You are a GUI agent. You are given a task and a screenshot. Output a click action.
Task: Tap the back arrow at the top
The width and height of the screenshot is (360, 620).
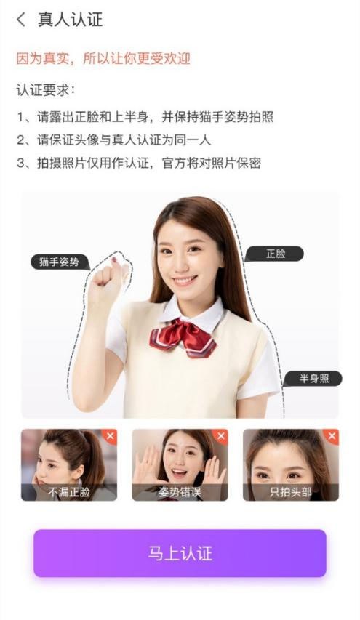(x=20, y=20)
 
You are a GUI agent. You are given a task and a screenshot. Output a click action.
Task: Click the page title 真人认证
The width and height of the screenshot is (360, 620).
(x=70, y=20)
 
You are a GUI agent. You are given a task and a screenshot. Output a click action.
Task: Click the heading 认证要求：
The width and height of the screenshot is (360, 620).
(x=46, y=91)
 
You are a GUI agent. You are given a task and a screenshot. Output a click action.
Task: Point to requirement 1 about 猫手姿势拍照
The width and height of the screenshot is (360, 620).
(x=145, y=117)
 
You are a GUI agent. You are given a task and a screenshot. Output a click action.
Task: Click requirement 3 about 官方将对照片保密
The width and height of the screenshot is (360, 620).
(x=138, y=164)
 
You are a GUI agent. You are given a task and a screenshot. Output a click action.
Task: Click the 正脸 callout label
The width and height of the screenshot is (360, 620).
(x=274, y=254)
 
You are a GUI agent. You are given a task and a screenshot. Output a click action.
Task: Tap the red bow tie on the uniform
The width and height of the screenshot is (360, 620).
(x=183, y=338)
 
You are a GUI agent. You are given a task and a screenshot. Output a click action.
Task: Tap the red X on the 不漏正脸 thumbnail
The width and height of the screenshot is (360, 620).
(x=110, y=436)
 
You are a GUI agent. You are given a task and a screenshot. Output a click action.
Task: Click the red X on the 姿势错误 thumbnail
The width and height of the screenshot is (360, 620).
(x=220, y=436)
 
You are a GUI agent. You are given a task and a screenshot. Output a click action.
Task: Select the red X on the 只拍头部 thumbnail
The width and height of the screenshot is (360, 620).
(x=332, y=436)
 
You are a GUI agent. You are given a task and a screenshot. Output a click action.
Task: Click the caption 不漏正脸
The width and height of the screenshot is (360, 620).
(x=69, y=492)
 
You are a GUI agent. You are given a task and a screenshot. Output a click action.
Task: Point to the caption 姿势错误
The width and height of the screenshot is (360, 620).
(x=180, y=492)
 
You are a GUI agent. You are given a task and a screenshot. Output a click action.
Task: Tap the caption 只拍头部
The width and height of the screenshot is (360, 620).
(x=290, y=492)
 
